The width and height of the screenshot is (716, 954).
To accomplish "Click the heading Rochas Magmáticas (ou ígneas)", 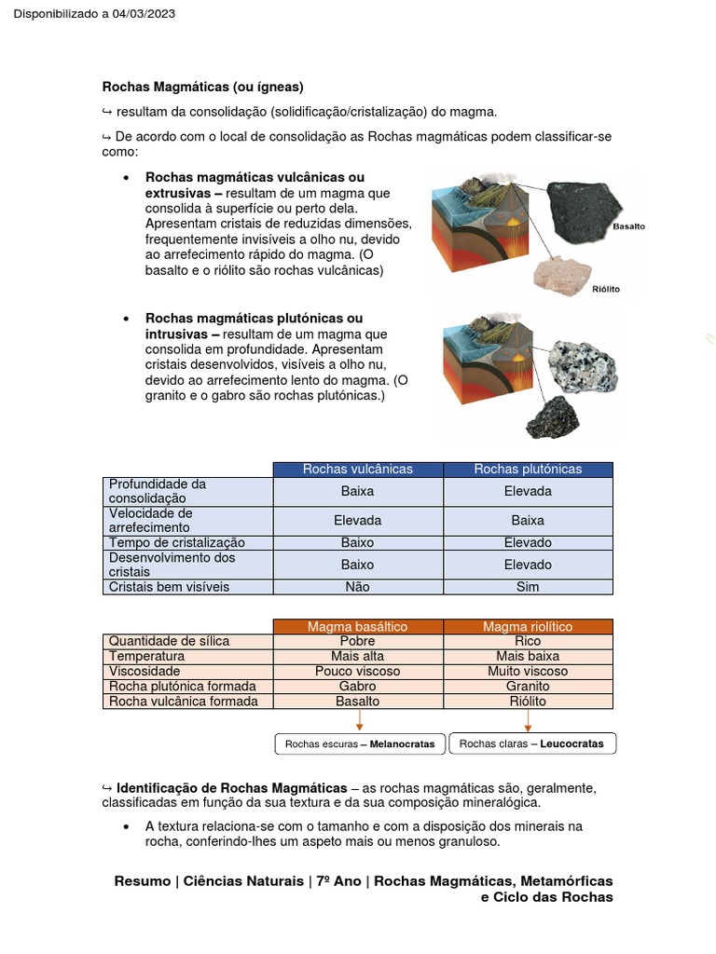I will coord(202,88).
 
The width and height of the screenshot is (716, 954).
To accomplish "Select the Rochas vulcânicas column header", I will coord(357,469).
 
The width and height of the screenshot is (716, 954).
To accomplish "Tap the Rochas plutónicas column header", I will coord(528,469).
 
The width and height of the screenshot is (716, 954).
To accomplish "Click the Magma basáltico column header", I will coord(357,627).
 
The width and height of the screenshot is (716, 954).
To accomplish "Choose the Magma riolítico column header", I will coord(528,627).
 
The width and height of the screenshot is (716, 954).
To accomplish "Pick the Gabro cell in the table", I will coord(357,686).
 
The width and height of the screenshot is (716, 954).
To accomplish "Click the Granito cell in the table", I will coord(528,686).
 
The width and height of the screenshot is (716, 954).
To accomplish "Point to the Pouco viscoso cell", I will coord(357,671).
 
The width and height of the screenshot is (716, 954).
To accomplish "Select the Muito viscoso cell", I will coord(528,671).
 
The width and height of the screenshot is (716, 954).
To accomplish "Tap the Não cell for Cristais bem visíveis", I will coord(357,587).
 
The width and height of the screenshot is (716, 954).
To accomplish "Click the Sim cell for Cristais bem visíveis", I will coord(528,587).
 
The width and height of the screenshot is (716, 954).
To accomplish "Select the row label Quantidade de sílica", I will coord(169,641).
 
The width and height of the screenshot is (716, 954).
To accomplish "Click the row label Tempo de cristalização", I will coord(176,542).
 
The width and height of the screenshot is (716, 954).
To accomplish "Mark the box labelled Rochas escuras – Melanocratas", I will coord(360,743).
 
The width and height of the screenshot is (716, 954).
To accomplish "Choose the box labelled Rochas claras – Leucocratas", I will coord(532,743).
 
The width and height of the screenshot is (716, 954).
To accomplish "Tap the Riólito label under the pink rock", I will coord(605,289).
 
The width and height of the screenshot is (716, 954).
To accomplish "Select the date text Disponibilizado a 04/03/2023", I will coord(94,14).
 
